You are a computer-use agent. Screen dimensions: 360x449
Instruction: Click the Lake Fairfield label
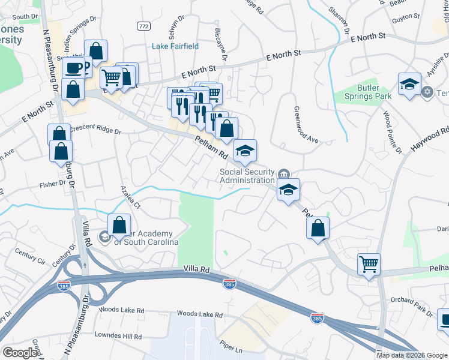[175, 46]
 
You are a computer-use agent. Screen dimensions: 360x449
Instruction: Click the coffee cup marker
[74, 68]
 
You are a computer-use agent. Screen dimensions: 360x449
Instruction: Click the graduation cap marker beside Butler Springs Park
[409, 84]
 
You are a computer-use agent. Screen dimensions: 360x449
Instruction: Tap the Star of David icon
[427, 92]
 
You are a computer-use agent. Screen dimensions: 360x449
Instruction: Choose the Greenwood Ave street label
[306, 125]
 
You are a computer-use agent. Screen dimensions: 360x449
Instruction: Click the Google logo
[20, 353]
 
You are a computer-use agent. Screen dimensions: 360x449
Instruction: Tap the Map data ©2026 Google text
[412, 355]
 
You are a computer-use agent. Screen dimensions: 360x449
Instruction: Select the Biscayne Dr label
[220, 44]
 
